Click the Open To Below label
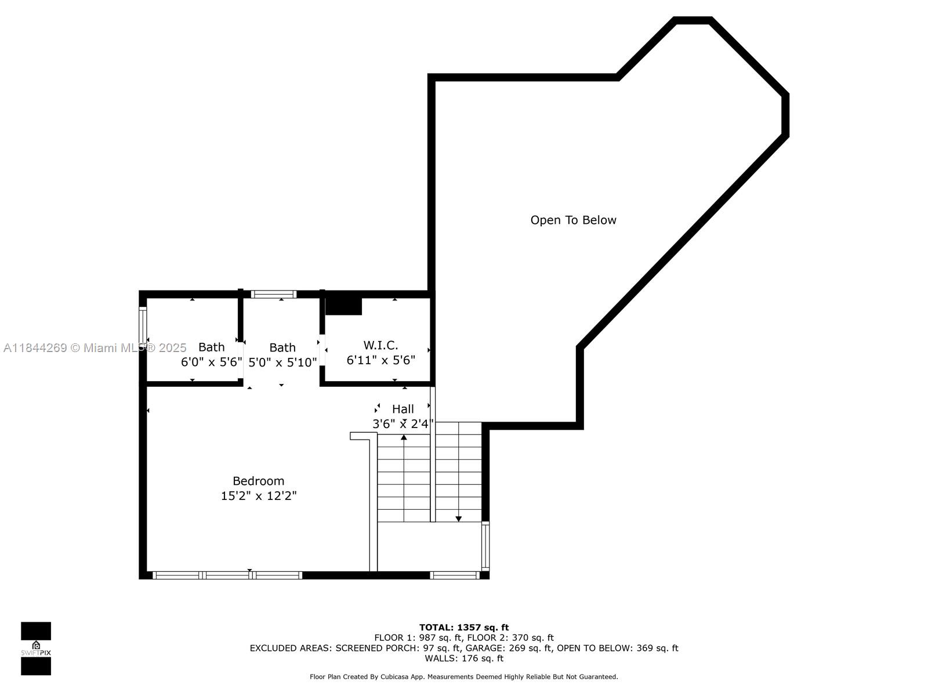pos(573,220)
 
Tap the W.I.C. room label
pos(380,345)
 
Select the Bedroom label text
pos(258,481)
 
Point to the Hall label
pos(403,409)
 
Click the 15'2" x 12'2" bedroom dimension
pos(259,496)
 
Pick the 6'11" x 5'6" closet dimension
pos(381,360)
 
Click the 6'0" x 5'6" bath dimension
pos(211,362)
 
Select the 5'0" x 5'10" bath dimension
pos(282,362)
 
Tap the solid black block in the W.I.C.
pos(343,306)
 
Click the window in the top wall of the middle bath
pos(274,294)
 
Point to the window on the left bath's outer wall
pos(143,325)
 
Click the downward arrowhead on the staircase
pos(458,519)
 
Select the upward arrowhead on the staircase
pos(404,437)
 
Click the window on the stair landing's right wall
pos(485,546)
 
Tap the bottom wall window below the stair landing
pos(455,575)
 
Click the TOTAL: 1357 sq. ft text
pos(464,628)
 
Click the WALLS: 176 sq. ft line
pos(464,658)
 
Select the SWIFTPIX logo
pos(36,648)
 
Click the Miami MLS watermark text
pos(95,348)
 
